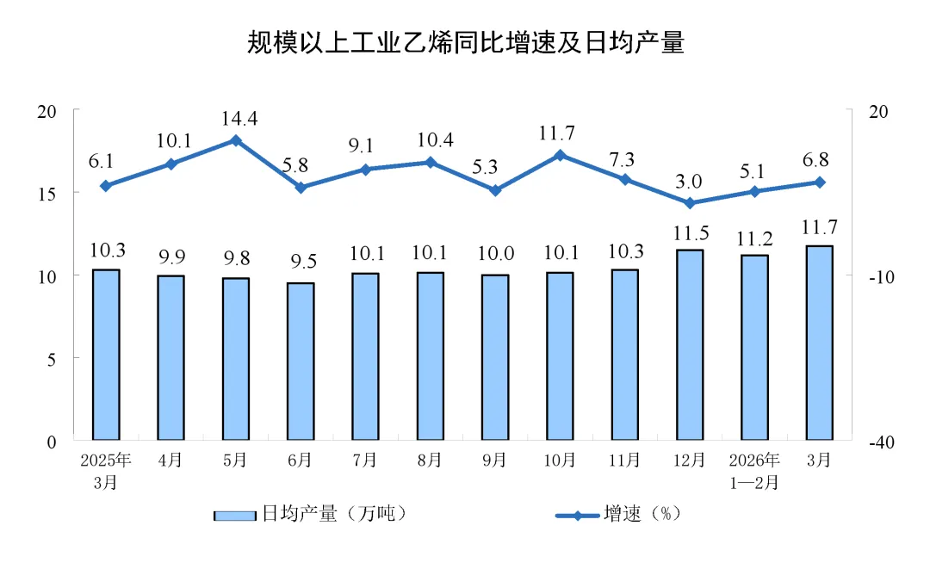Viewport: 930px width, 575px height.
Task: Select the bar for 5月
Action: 235,358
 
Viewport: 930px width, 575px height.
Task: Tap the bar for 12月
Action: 689,344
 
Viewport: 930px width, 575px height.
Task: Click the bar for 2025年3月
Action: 106,355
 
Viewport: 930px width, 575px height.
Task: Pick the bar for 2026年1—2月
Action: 754,347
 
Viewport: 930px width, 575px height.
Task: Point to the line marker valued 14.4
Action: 235,140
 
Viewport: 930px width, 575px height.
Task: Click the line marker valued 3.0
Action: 689,203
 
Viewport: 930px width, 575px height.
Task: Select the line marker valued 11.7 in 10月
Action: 560,155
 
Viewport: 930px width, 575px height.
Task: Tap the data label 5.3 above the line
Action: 494,164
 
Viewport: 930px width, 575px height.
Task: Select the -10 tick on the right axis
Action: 877,276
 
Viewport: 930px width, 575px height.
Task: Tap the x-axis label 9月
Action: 494,461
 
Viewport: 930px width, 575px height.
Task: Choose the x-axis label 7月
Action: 364,461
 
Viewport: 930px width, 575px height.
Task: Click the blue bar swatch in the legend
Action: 235,515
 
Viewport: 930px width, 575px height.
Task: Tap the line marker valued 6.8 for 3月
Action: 819,182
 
